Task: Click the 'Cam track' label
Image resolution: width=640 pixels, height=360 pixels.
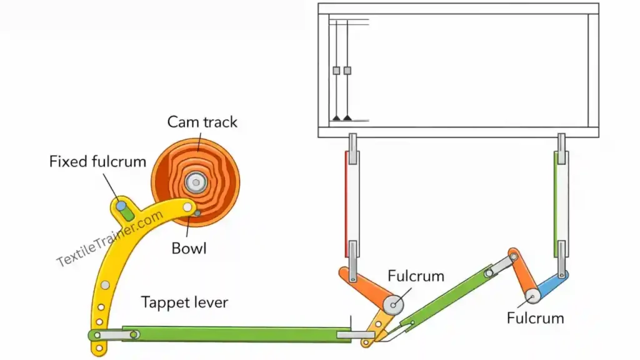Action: (x=202, y=121)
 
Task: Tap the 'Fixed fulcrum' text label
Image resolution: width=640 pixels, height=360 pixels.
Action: (x=97, y=162)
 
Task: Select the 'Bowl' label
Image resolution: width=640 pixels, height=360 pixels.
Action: (x=189, y=248)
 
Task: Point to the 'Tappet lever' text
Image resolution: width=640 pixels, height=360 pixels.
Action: (x=184, y=302)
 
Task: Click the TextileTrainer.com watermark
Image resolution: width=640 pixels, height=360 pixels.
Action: (x=110, y=239)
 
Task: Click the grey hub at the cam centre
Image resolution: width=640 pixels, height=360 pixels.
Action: (x=196, y=182)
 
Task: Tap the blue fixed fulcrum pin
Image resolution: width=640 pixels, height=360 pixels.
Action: (x=120, y=205)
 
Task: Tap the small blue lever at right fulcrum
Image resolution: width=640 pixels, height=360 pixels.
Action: (x=552, y=284)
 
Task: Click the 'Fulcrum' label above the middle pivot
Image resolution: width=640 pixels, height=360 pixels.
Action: (x=416, y=276)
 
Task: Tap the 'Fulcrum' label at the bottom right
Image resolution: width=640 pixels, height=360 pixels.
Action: (x=535, y=318)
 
